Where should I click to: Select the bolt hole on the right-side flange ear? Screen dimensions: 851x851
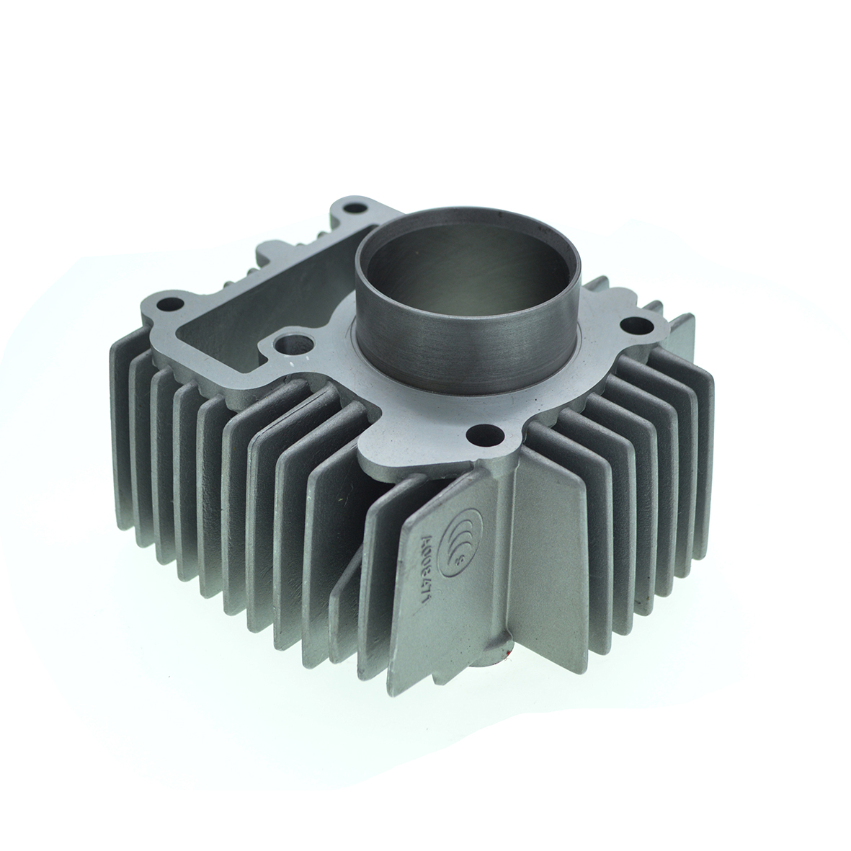click(636, 324)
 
